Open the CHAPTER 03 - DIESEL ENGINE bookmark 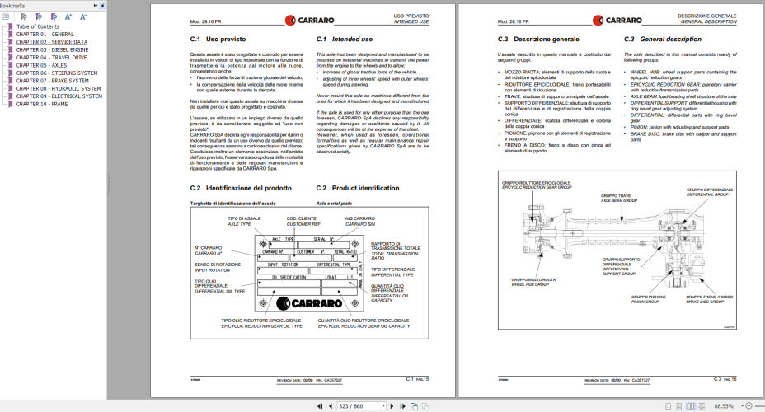coord(53,49)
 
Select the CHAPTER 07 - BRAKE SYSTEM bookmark coord(53,81)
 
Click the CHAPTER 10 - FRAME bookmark coord(42,104)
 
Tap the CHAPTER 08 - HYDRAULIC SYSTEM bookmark coord(58,88)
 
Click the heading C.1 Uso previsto coord(218,39)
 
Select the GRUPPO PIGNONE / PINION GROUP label coord(646,298)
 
